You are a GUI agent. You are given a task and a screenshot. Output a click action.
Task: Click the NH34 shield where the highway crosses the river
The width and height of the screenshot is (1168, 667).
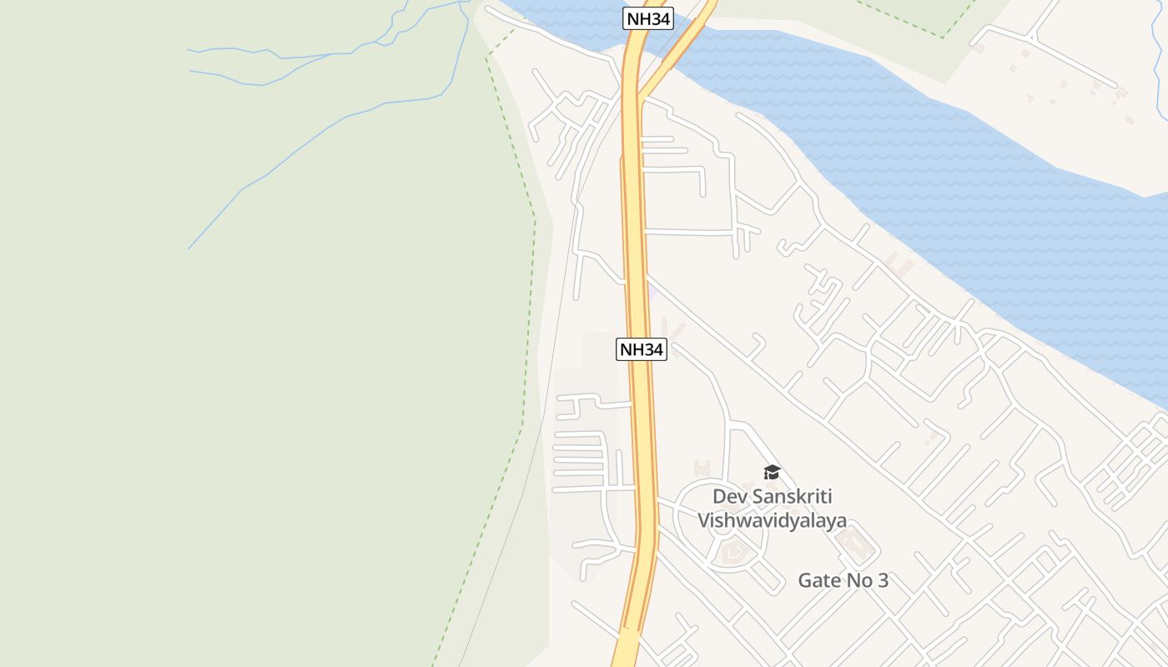point(647,18)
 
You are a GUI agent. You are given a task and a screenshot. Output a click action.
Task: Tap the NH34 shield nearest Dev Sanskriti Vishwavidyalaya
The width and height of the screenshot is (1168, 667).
point(641,349)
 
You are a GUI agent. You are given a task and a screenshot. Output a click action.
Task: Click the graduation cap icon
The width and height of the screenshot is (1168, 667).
point(772,473)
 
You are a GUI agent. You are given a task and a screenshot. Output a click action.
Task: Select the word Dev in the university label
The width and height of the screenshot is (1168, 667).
point(730,497)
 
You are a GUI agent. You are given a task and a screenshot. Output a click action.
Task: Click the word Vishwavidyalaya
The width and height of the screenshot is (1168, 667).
point(772,520)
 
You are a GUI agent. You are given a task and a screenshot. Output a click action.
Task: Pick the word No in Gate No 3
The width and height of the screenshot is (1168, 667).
point(861,580)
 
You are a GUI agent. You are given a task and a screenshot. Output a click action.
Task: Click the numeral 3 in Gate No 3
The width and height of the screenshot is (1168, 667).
point(884,580)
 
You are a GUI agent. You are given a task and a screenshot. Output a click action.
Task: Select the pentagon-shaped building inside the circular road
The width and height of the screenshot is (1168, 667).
point(733,551)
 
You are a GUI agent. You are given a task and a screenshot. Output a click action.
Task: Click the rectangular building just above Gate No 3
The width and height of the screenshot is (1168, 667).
point(854,546)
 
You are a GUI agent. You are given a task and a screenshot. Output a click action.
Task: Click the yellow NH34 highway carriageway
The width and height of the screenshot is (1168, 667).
point(639,250)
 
